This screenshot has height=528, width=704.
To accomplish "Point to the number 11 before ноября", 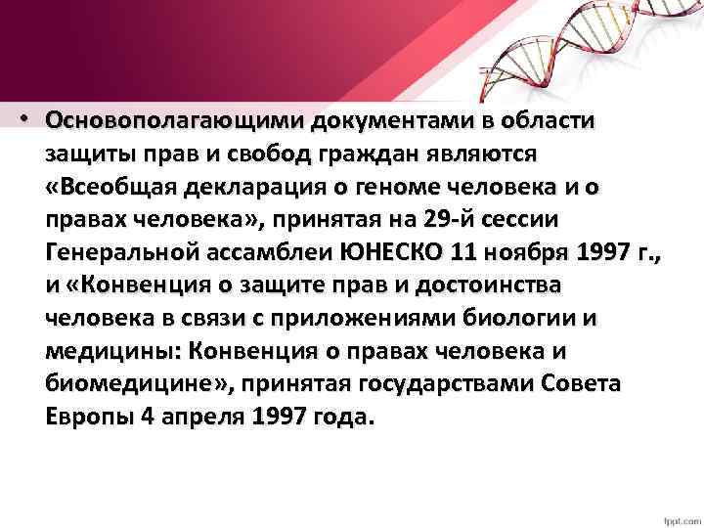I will coord(464,254).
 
